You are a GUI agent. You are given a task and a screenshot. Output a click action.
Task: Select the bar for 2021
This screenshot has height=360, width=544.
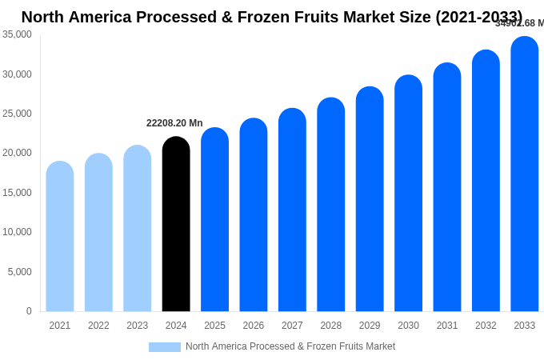[x=60, y=236]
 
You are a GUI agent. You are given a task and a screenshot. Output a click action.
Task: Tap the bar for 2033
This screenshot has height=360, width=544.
[x=525, y=174]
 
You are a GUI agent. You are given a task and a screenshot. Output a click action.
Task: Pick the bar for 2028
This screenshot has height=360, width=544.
[x=331, y=204]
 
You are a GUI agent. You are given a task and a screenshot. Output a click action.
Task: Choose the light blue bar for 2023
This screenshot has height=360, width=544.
[x=138, y=228]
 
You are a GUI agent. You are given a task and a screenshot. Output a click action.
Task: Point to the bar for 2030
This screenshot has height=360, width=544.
[x=408, y=193]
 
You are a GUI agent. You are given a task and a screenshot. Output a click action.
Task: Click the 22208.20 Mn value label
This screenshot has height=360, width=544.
[x=174, y=123]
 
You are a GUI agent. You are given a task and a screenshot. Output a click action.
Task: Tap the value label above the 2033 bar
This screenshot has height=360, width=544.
[x=519, y=23]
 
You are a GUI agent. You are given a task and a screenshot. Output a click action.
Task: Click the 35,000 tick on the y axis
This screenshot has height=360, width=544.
[x=18, y=34]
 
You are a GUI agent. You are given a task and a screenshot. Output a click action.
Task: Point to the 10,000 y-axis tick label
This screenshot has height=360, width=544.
[x=18, y=232]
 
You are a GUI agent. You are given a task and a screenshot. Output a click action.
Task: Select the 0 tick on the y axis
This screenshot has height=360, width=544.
[x=29, y=311]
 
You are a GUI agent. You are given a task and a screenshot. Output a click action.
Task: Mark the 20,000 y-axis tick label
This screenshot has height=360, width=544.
[x=18, y=153]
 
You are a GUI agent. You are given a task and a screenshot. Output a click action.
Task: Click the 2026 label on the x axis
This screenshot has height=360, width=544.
[x=254, y=326]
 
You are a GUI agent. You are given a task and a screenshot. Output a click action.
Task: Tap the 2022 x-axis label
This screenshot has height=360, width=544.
[x=98, y=326]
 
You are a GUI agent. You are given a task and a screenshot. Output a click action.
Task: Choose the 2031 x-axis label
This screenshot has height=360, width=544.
[x=447, y=326]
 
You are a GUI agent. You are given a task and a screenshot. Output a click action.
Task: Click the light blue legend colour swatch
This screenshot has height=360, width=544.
[x=165, y=347]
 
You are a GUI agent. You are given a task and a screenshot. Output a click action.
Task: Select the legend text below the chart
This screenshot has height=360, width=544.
[x=290, y=346]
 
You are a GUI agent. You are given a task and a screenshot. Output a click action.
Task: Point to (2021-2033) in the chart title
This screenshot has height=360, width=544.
[x=478, y=17]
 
